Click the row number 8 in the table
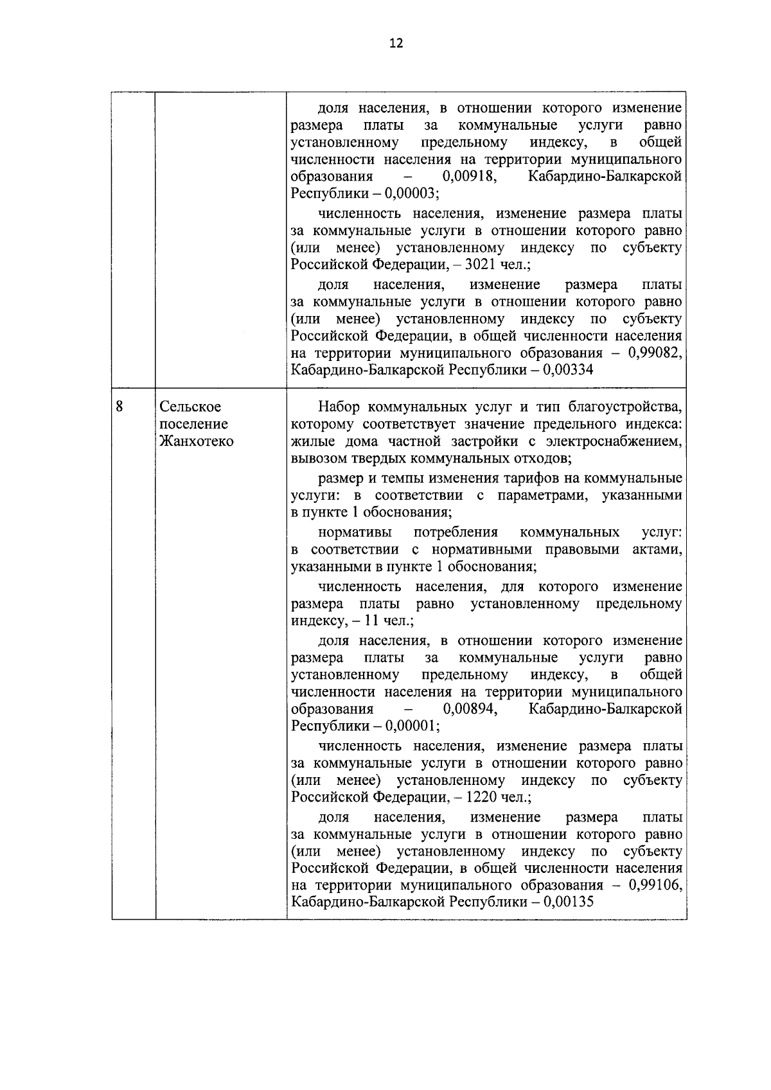point(120,406)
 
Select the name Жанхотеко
point(197,441)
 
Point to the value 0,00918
point(468,177)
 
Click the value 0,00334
point(568,370)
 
